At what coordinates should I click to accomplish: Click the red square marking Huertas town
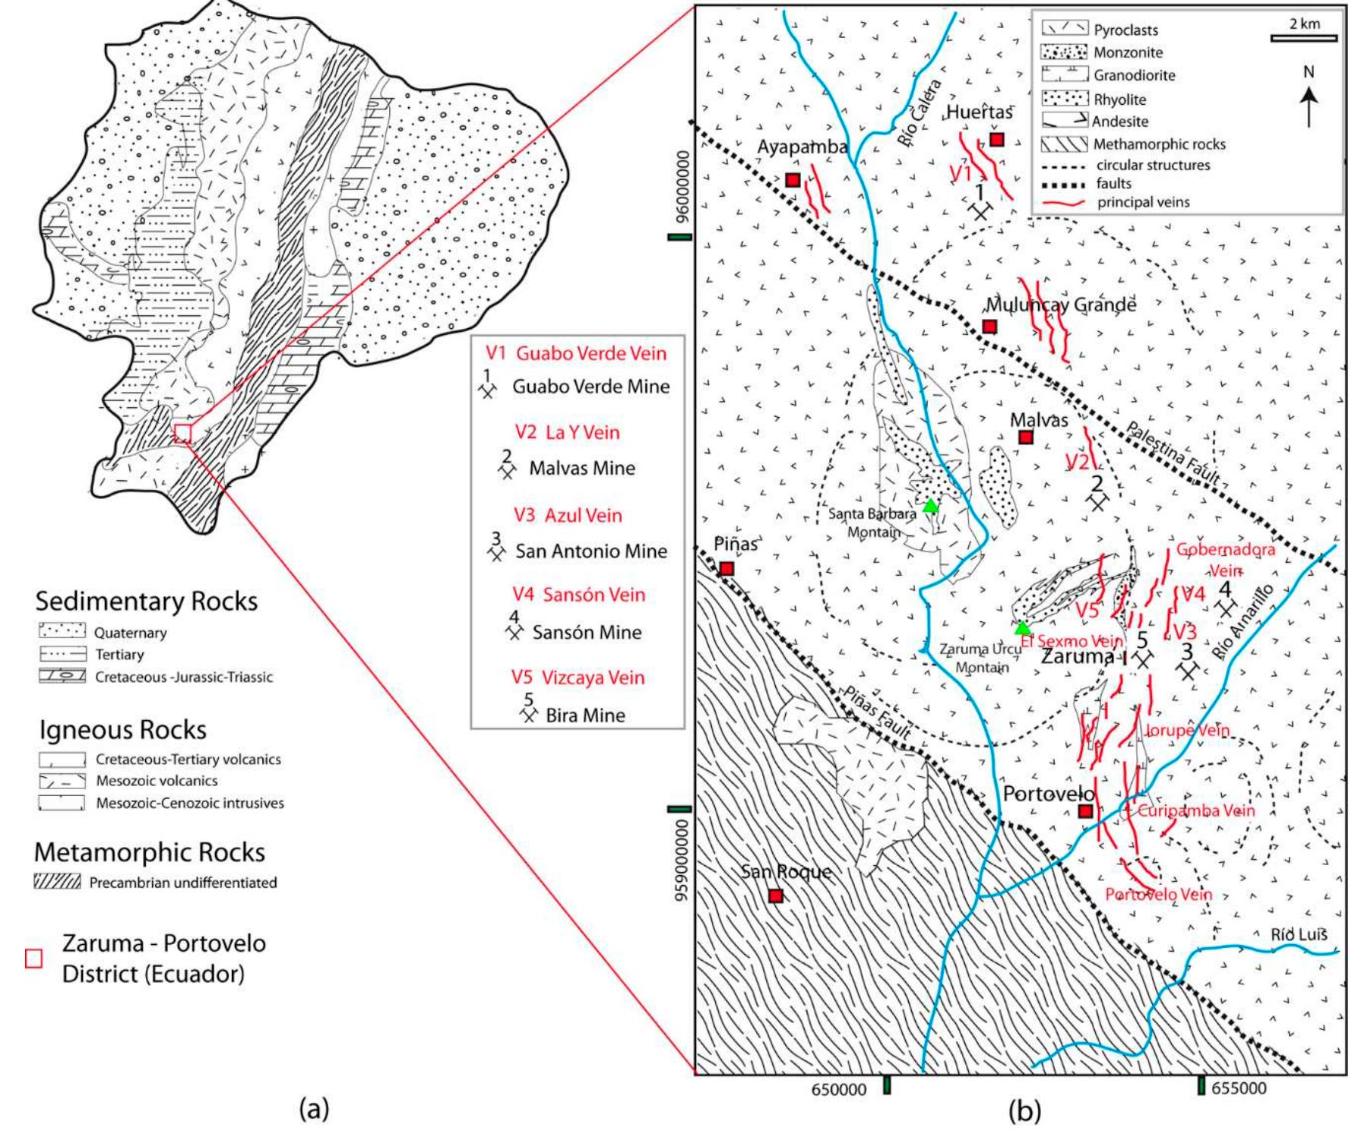tap(996, 139)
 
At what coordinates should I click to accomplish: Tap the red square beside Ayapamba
tap(793, 180)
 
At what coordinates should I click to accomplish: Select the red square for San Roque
tap(775, 896)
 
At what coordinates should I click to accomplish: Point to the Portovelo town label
tap(1048, 794)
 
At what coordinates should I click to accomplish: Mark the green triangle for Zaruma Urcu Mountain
tap(1023, 628)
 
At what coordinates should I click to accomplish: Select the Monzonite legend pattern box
tap(1064, 52)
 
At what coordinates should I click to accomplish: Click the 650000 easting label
tap(838, 1089)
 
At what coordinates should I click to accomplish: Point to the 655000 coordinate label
tap(1239, 1088)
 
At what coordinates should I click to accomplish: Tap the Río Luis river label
tap(1299, 934)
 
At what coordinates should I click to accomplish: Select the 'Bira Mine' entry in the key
tap(585, 715)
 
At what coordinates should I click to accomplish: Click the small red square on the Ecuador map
tap(182, 433)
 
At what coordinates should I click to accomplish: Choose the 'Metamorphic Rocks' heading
tap(150, 852)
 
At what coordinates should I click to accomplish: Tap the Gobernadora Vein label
tap(1225, 558)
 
